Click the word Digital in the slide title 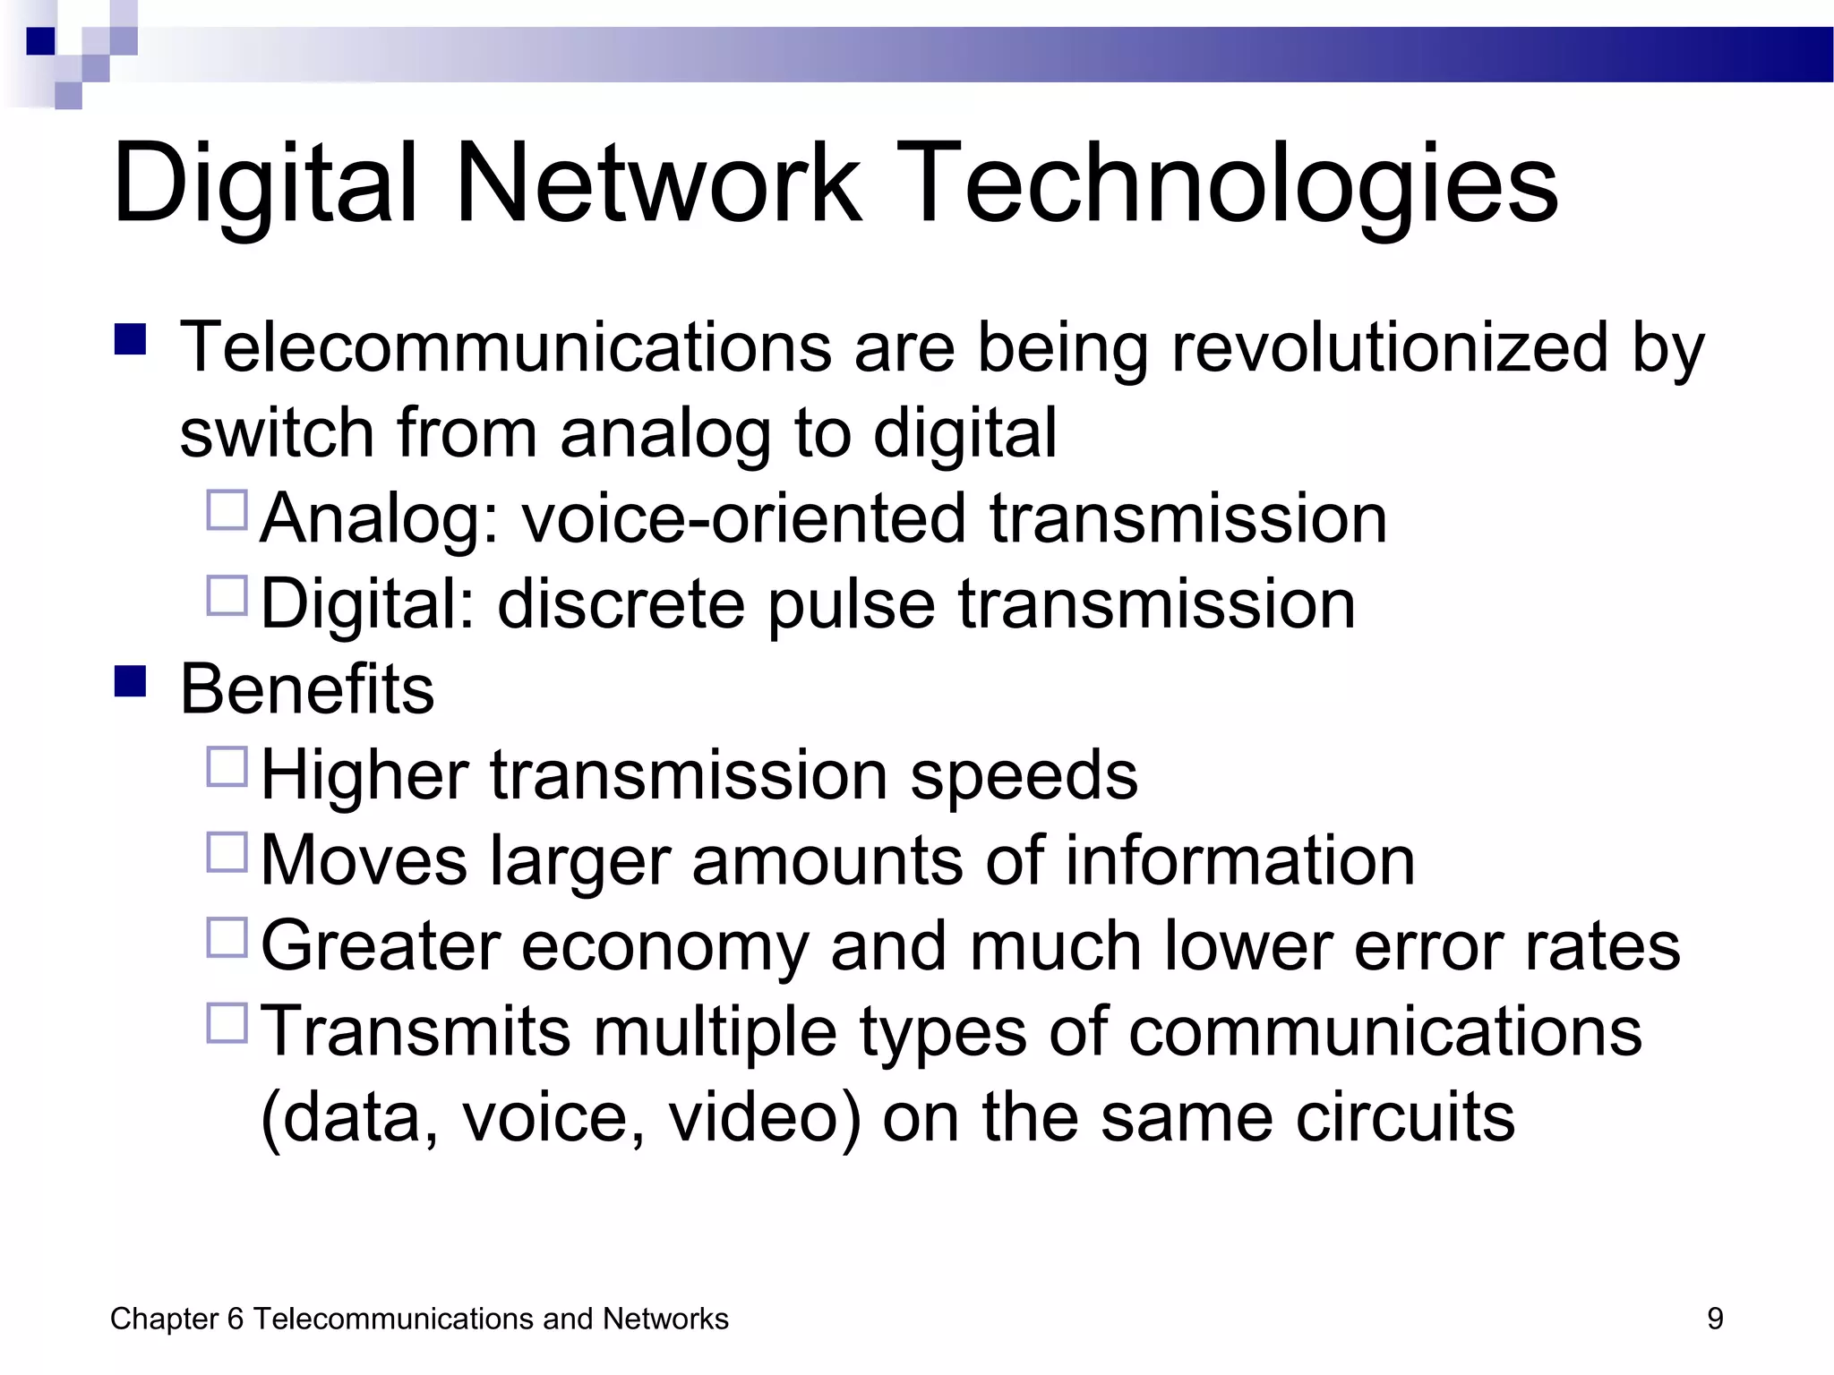click(265, 184)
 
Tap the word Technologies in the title click(1235, 184)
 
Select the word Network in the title click(659, 184)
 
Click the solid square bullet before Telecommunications click(131, 339)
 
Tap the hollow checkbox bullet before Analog click(227, 510)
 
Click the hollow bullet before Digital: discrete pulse click(227, 595)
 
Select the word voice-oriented click(744, 518)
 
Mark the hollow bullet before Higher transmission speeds click(227, 766)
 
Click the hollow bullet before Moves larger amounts click(227, 852)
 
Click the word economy click(664, 946)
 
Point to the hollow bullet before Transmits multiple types click(227, 1022)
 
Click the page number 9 click(1715, 1319)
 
